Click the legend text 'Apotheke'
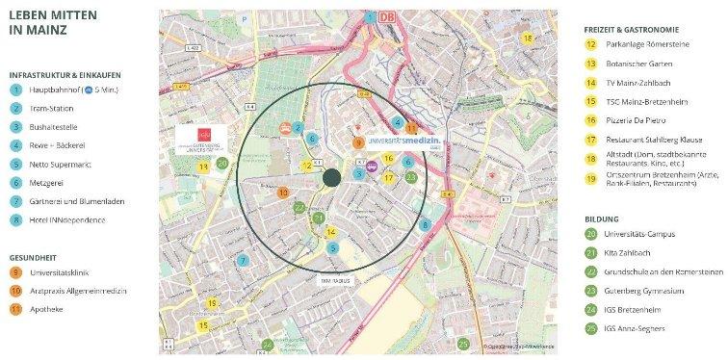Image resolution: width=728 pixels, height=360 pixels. click(48, 309)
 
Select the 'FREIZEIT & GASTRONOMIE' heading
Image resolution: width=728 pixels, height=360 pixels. click(637, 27)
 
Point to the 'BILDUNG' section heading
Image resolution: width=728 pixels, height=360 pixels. click(602, 219)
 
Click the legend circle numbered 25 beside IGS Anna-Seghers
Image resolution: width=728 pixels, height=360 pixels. click(590, 329)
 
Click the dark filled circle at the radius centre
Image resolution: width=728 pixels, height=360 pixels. click(332, 176)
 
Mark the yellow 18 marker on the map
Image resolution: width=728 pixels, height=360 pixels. click(527, 37)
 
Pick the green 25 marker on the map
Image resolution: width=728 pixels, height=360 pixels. click(463, 343)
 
